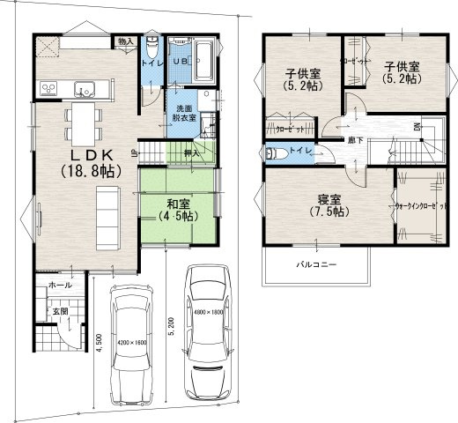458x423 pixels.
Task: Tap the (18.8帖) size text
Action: point(86,172)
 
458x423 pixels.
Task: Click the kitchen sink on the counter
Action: point(85,87)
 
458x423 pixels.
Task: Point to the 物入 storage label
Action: point(125,41)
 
